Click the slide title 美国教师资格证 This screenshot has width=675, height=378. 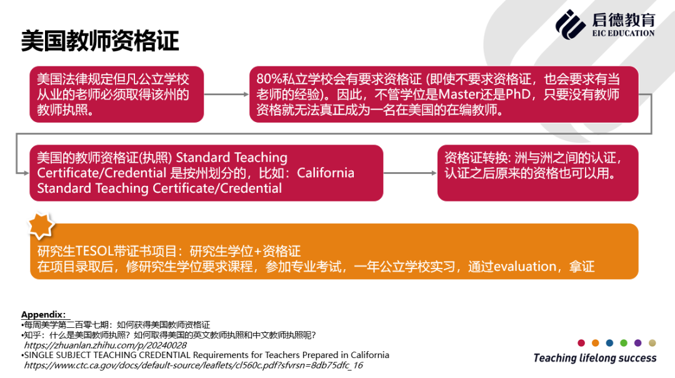[x=100, y=41]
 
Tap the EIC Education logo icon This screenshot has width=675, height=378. [x=570, y=24]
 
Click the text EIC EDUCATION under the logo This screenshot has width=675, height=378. [x=623, y=33]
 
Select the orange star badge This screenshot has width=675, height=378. [x=41, y=226]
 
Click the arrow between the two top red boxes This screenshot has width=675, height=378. [x=226, y=94]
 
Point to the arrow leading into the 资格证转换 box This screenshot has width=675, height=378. [x=410, y=173]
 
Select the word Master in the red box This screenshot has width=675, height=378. [x=459, y=94]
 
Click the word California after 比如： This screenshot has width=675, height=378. [x=326, y=173]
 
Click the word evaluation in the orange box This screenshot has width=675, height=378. [x=525, y=267]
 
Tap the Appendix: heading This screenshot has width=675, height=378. [x=44, y=315]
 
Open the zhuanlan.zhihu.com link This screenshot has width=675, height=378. [x=106, y=345]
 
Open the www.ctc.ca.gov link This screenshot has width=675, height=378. [x=193, y=365]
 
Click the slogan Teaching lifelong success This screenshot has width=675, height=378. [x=595, y=358]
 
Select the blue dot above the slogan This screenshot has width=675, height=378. [x=609, y=343]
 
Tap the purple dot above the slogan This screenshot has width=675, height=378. [x=638, y=343]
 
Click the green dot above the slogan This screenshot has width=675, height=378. [x=624, y=343]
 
